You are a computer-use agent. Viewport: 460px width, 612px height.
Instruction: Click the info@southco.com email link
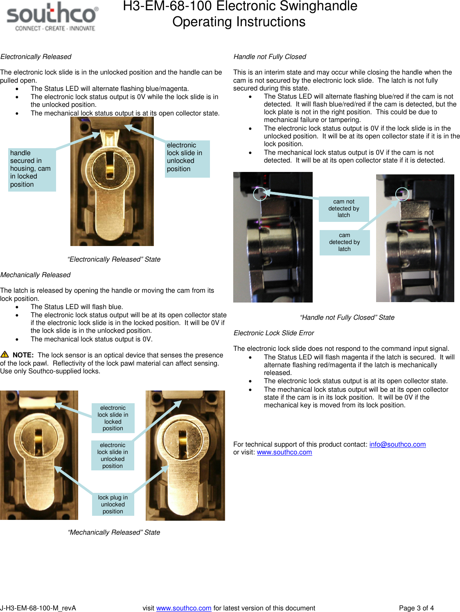(x=397, y=444)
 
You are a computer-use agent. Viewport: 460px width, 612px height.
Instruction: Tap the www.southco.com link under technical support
(x=284, y=452)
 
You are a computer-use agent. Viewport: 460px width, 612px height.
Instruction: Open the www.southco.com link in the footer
(x=184, y=608)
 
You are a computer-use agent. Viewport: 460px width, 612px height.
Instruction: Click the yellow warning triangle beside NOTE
(x=5, y=355)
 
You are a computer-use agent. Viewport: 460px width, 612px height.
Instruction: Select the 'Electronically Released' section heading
(x=36, y=56)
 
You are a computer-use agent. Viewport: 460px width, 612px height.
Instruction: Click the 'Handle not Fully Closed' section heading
(x=270, y=56)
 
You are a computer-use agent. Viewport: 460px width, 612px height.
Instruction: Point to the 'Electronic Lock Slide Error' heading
(x=274, y=333)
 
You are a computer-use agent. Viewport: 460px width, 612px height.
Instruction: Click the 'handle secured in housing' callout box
(x=32, y=169)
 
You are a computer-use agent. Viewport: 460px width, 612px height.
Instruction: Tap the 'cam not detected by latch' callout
(x=344, y=208)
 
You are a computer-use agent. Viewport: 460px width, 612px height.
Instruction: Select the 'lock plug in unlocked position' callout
(x=113, y=504)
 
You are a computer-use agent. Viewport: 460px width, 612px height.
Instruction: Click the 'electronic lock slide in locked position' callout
(x=113, y=418)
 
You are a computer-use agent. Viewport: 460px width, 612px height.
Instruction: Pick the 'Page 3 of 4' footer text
(x=416, y=608)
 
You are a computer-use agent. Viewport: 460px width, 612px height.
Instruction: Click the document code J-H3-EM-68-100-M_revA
(x=38, y=608)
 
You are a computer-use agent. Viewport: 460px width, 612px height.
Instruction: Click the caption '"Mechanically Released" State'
(x=114, y=532)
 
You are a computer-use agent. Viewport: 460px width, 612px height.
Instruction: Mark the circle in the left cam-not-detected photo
(x=260, y=194)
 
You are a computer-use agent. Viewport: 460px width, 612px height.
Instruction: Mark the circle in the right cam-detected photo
(x=402, y=194)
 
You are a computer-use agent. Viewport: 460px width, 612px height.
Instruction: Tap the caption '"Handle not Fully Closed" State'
(x=347, y=317)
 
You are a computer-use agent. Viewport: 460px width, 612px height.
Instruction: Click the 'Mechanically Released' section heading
(x=36, y=275)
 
